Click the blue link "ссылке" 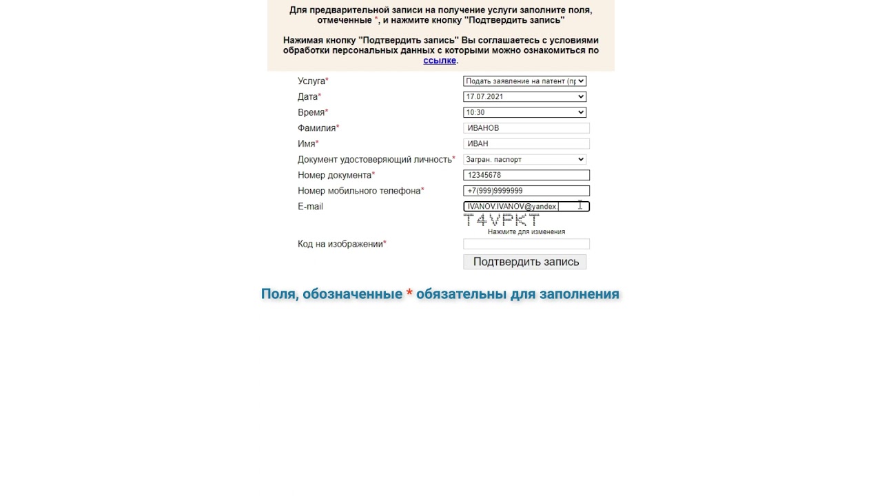pyautogui.click(x=440, y=61)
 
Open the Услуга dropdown pyautogui.click(x=524, y=81)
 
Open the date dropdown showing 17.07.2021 pyautogui.click(x=524, y=97)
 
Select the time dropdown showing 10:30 pyautogui.click(x=524, y=112)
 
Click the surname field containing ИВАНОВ pyautogui.click(x=526, y=128)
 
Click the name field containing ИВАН pyautogui.click(x=526, y=144)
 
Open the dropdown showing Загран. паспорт pyautogui.click(x=524, y=160)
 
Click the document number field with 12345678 pyautogui.click(x=526, y=176)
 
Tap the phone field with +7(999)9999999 pyautogui.click(x=526, y=191)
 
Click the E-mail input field pyautogui.click(x=526, y=207)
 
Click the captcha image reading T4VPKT pyautogui.click(x=502, y=220)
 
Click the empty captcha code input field pyautogui.click(x=526, y=244)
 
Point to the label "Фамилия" pyautogui.click(x=317, y=128)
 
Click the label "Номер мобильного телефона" pyautogui.click(x=359, y=191)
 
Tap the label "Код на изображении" pyautogui.click(x=340, y=244)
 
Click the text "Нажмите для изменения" pyautogui.click(x=526, y=232)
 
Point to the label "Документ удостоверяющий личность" pyautogui.click(x=374, y=160)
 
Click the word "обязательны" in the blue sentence pyautogui.click(x=461, y=294)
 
